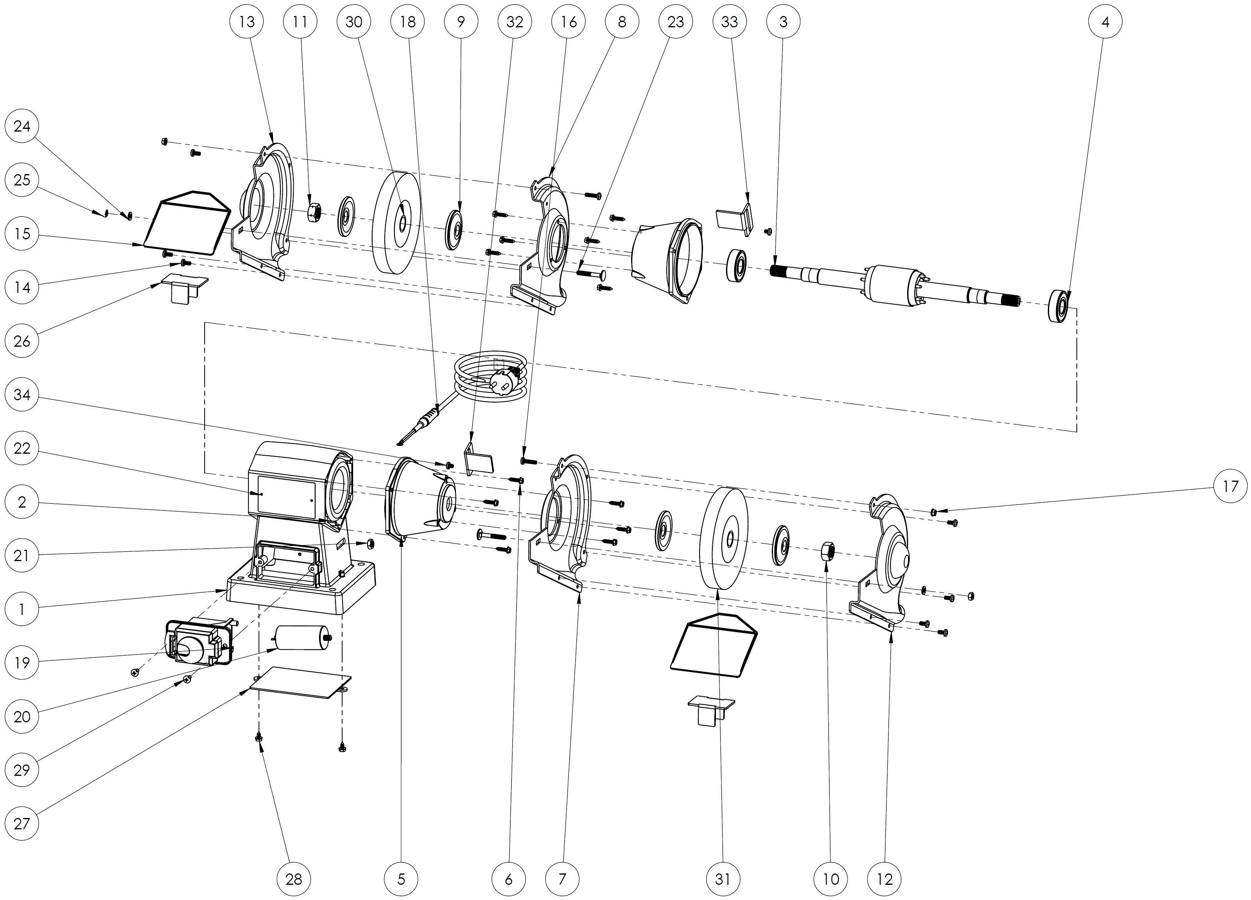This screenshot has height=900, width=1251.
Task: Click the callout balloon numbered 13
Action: tap(246, 21)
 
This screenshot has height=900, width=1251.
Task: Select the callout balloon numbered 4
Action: tap(1105, 21)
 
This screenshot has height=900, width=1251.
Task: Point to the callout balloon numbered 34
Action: tap(21, 394)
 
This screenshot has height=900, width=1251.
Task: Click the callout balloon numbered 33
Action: tap(729, 21)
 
